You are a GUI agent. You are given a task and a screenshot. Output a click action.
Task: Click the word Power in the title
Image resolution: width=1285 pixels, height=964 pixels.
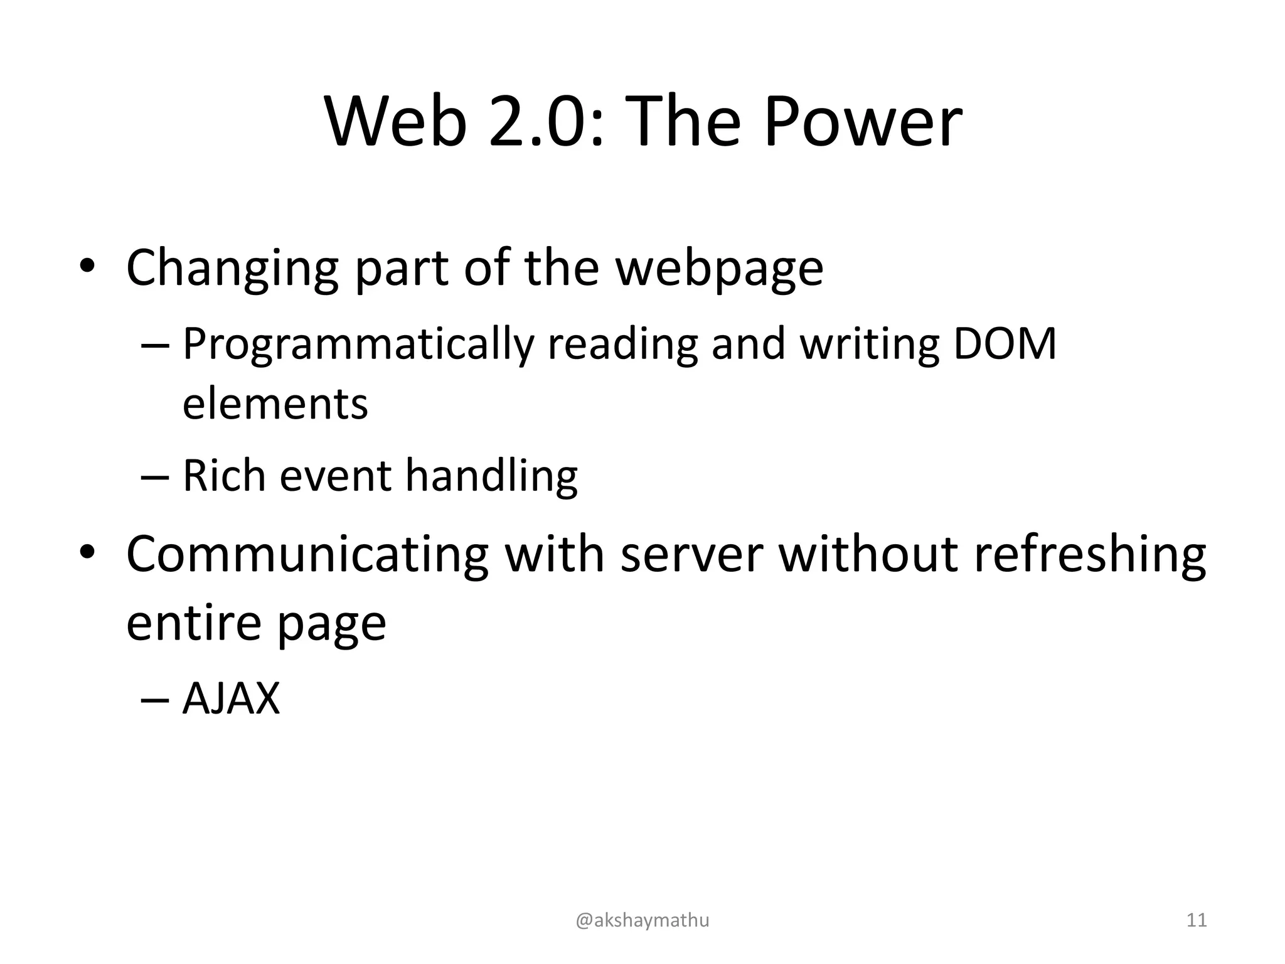click(863, 122)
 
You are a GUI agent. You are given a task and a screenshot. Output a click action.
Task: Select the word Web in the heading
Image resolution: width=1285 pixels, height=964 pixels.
click(396, 122)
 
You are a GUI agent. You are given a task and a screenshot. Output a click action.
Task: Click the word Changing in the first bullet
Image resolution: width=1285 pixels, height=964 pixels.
click(232, 269)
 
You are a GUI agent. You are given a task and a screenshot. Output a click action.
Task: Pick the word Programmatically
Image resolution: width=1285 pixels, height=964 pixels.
click(358, 345)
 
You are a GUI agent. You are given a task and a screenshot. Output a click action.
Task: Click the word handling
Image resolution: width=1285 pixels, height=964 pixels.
click(491, 476)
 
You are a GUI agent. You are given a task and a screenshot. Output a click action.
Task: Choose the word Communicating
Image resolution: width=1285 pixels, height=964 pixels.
click(307, 554)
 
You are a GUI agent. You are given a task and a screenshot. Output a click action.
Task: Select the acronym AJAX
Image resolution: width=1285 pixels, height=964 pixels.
click(231, 699)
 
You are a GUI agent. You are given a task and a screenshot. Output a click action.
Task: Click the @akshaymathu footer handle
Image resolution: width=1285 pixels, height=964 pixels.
click(642, 920)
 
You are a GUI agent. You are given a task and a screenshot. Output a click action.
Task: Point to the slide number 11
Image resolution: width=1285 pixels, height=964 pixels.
click(1197, 920)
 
